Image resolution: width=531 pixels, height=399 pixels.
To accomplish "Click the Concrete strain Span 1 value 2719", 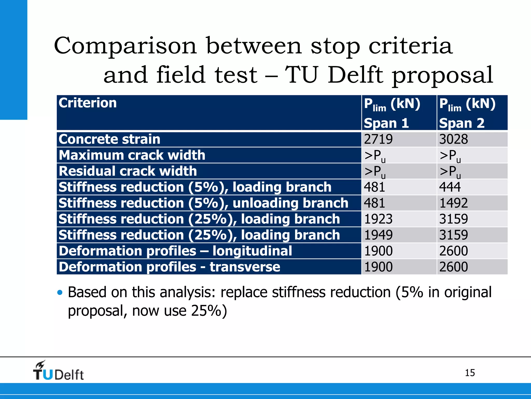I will [x=378, y=139].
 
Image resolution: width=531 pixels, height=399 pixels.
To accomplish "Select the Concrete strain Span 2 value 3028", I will [x=453, y=139].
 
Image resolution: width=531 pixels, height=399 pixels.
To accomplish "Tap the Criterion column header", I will [x=88, y=103].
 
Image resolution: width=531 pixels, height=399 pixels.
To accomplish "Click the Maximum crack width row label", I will [x=132, y=155].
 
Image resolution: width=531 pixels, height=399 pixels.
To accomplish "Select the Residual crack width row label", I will [x=128, y=171].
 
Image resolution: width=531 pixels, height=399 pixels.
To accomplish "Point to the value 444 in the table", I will [x=450, y=187].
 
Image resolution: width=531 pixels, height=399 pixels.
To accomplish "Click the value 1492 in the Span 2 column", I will [x=453, y=203].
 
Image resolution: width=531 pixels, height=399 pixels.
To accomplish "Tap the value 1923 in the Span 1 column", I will [x=378, y=219].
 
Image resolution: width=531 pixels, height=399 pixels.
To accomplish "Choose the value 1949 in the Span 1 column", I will [x=378, y=235].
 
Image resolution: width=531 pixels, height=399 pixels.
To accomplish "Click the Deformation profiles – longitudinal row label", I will [x=175, y=251].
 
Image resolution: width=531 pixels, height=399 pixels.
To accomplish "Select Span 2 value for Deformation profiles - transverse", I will [x=453, y=267].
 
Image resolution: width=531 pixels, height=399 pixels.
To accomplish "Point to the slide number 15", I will [x=470, y=373].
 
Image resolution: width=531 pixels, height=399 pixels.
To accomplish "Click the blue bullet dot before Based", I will [x=60, y=292].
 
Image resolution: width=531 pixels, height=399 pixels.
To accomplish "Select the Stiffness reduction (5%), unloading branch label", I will [x=203, y=203].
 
